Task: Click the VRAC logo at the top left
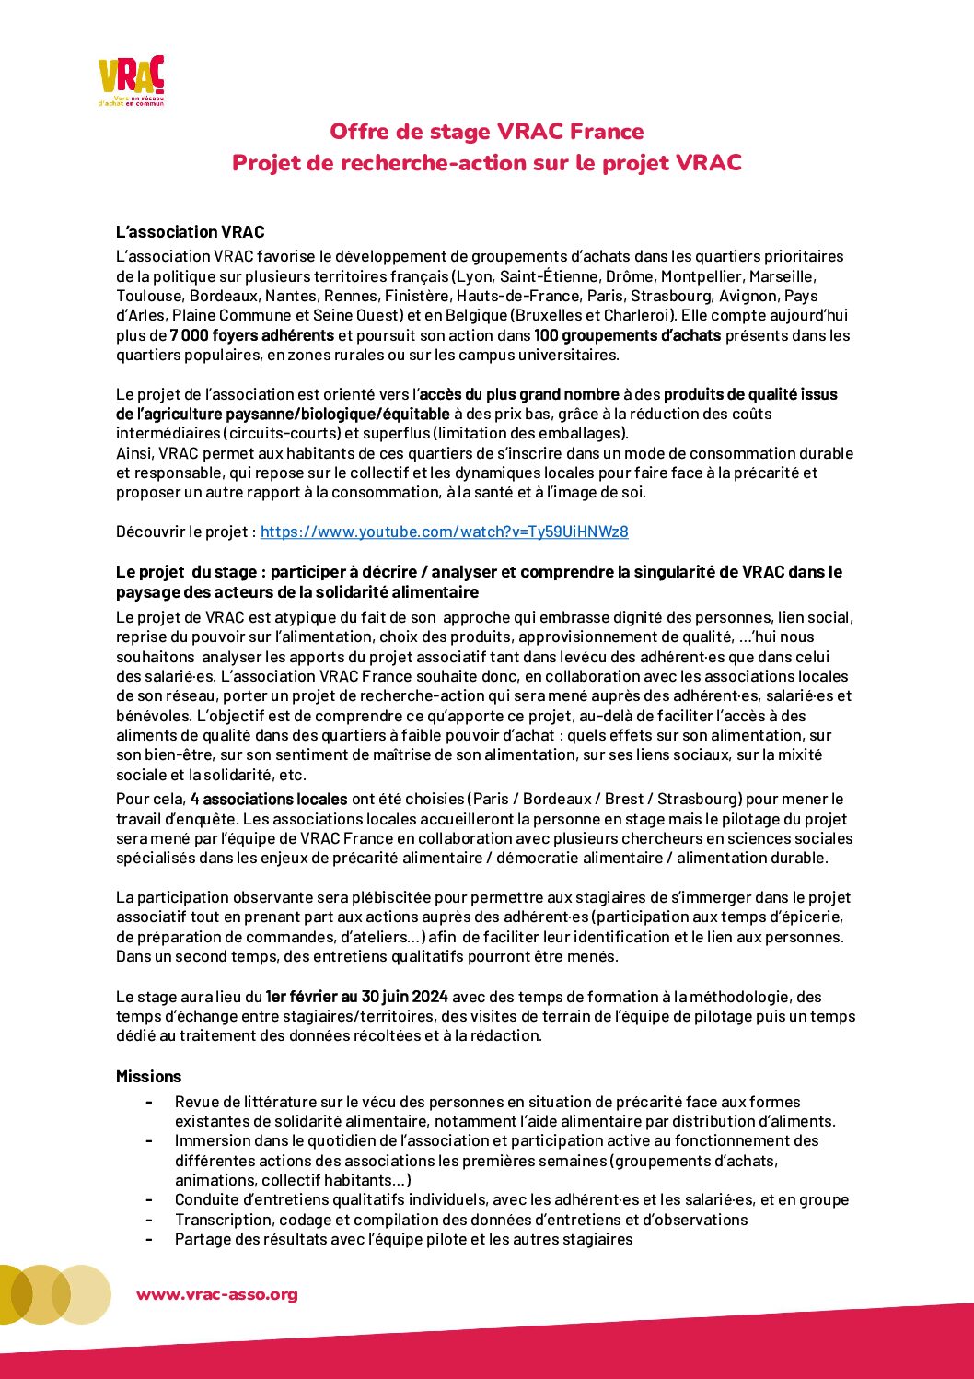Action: click(131, 81)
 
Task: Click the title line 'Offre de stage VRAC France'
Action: click(486, 132)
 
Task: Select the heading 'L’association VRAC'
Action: click(190, 232)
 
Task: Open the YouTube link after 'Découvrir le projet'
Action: click(444, 532)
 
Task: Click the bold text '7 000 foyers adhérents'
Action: click(251, 335)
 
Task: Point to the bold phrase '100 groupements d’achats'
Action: click(627, 335)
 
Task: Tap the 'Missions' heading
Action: click(148, 1077)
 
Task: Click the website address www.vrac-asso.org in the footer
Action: click(217, 1294)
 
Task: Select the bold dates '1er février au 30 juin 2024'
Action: click(356, 997)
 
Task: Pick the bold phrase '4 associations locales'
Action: click(269, 799)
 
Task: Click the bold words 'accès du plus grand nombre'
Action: click(519, 394)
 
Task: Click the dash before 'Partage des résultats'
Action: click(148, 1239)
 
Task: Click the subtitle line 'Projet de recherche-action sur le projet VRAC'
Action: click(486, 163)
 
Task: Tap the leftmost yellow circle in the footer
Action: click(11, 1294)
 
